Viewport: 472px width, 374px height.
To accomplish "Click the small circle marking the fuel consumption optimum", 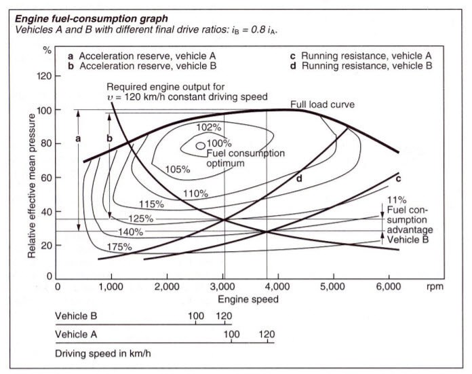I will (200, 145).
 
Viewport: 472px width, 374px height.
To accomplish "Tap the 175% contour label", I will (118, 247).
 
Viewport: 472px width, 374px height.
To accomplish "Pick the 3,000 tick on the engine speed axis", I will (224, 287).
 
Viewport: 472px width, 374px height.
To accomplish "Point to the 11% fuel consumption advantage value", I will (397, 200).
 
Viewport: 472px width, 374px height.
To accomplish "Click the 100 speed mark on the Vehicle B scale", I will (196, 317).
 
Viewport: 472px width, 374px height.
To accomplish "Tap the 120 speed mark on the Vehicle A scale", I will (267, 335).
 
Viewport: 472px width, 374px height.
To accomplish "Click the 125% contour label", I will (140, 219).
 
